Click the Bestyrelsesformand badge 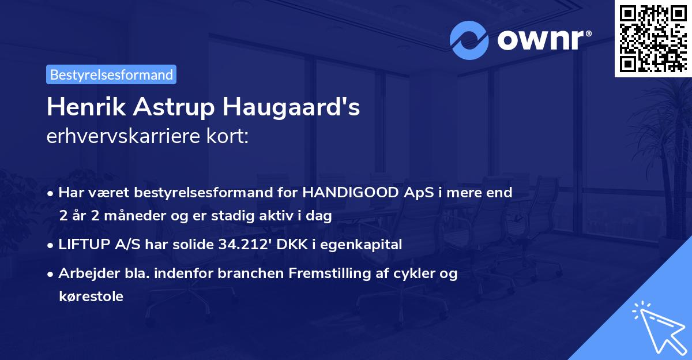pos(111,74)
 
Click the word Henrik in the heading pos(78,107)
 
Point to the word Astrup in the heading pos(153,107)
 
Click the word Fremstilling pos(336,273)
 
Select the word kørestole pos(91,297)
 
